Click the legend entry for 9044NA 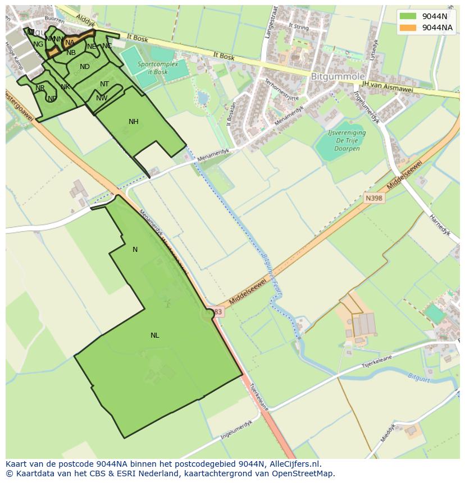tap(437, 27)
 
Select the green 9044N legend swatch tap(408, 16)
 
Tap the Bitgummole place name tap(338, 76)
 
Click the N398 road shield tap(373, 198)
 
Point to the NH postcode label tap(133, 122)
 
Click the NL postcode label tap(154, 335)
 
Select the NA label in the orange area tap(70, 43)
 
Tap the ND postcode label tap(85, 67)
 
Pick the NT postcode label tap(104, 84)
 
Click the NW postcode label tap(102, 98)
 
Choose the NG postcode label tap(38, 44)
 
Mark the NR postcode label tap(40, 88)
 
